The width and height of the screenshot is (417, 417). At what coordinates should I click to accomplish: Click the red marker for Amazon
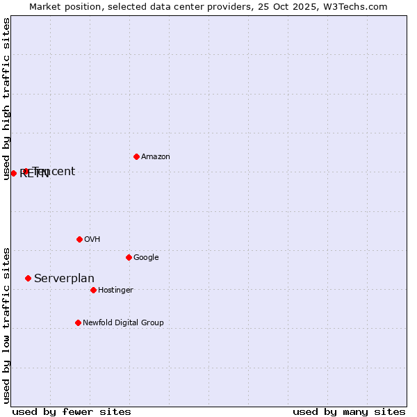click(x=136, y=156)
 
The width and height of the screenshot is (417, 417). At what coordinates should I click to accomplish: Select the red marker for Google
click(x=129, y=257)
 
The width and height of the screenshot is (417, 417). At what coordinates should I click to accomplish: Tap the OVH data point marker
click(x=79, y=239)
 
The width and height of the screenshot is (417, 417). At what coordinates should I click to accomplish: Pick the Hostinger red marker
click(x=93, y=290)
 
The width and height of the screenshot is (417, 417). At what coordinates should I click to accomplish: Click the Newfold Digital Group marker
click(x=78, y=322)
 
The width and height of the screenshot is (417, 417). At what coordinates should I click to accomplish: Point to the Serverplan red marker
click(x=28, y=278)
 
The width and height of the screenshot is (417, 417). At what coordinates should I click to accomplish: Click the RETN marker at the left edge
click(x=13, y=173)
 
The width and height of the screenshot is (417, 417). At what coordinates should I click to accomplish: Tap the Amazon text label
click(x=156, y=157)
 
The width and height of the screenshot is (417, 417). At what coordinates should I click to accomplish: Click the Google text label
click(x=146, y=258)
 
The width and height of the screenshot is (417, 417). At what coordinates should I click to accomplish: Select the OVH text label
click(x=92, y=240)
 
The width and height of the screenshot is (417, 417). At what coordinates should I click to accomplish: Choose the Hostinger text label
click(x=115, y=291)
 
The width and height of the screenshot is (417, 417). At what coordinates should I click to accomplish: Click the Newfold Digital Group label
click(x=123, y=323)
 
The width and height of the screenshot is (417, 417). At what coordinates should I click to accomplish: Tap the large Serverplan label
click(x=64, y=279)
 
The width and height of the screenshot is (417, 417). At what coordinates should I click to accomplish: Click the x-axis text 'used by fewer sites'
click(x=72, y=412)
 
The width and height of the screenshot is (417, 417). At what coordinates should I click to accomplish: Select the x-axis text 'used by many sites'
click(x=349, y=412)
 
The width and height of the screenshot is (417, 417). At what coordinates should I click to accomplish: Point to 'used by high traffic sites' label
click(x=6, y=99)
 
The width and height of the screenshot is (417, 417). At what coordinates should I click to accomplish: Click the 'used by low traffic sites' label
click(x=6, y=325)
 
